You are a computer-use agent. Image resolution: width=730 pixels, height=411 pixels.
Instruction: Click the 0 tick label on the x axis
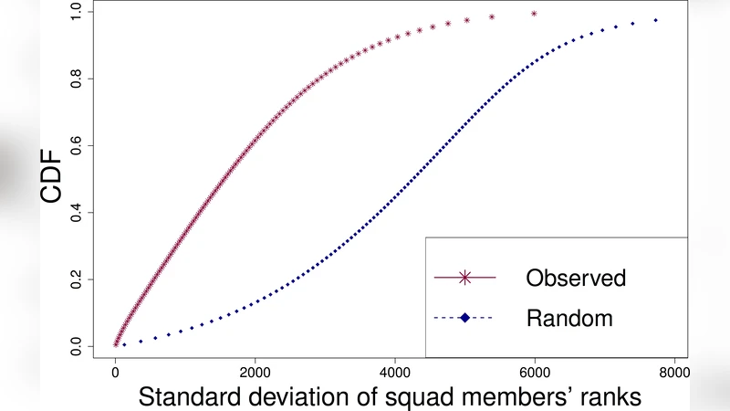pos(115,374)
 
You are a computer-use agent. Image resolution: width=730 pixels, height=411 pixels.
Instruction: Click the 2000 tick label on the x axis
pos(255,374)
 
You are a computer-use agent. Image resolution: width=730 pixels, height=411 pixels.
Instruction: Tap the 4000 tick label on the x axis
pos(394,374)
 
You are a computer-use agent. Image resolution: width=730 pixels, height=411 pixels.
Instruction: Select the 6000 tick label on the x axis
pos(535,374)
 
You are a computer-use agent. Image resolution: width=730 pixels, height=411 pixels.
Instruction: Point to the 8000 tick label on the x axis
pos(674,374)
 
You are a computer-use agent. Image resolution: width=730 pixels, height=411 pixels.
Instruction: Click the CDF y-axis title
pos(51,179)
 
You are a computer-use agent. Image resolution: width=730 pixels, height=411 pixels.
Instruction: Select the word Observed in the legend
pos(576,278)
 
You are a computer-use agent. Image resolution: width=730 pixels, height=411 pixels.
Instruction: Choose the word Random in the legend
pos(569,318)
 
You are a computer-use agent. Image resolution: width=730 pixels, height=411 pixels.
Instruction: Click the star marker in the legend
pos(464,277)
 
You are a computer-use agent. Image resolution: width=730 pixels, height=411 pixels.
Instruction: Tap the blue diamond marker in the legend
pos(464,318)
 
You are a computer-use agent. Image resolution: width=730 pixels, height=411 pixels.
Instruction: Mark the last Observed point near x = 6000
pos(534,14)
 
